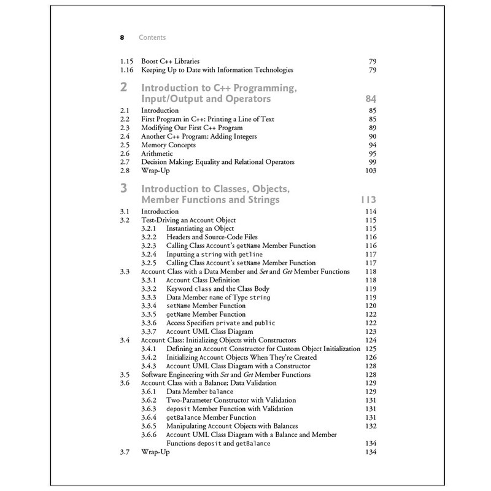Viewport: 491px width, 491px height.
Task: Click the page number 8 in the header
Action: tap(123, 37)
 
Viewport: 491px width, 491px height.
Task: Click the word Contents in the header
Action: tap(152, 37)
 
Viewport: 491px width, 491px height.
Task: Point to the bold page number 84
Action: tap(369, 99)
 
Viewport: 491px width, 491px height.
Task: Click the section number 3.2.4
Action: tap(150, 253)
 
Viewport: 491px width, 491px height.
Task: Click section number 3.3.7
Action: tap(150, 331)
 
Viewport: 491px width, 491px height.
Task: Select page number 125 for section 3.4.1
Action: tap(370, 349)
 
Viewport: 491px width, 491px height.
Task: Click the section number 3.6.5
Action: tap(150, 426)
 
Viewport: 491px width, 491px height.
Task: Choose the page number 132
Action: tap(370, 426)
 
